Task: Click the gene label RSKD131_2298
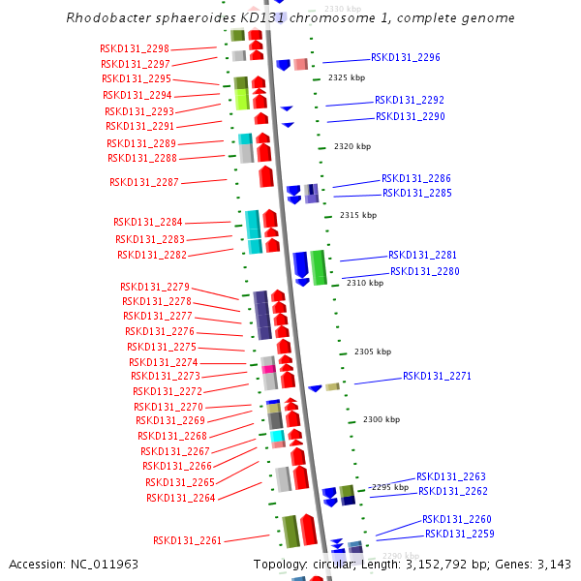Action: [x=135, y=48]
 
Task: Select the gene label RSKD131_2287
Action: [x=144, y=182]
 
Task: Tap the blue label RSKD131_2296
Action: [x=406, y=58]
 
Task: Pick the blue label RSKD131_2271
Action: [x=437, y=376]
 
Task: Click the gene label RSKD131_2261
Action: [x=188, y=540]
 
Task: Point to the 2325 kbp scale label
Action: [x=347, y=77]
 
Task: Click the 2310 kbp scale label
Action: [x=365, y=283]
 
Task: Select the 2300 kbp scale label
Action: [x=382, y=420]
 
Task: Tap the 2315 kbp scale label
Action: [x=358, y=215]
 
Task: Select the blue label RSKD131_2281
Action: [x=423, y=256]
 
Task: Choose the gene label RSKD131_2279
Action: [x=155, y=287]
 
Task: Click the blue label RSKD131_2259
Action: [x=460, y=534]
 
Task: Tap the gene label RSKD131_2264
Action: [x=181, y=498]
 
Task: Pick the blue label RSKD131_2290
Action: [x=411, y=117]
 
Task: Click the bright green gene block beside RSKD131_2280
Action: [x=318, y=267]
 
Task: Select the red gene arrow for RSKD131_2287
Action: [x=266, y=177]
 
